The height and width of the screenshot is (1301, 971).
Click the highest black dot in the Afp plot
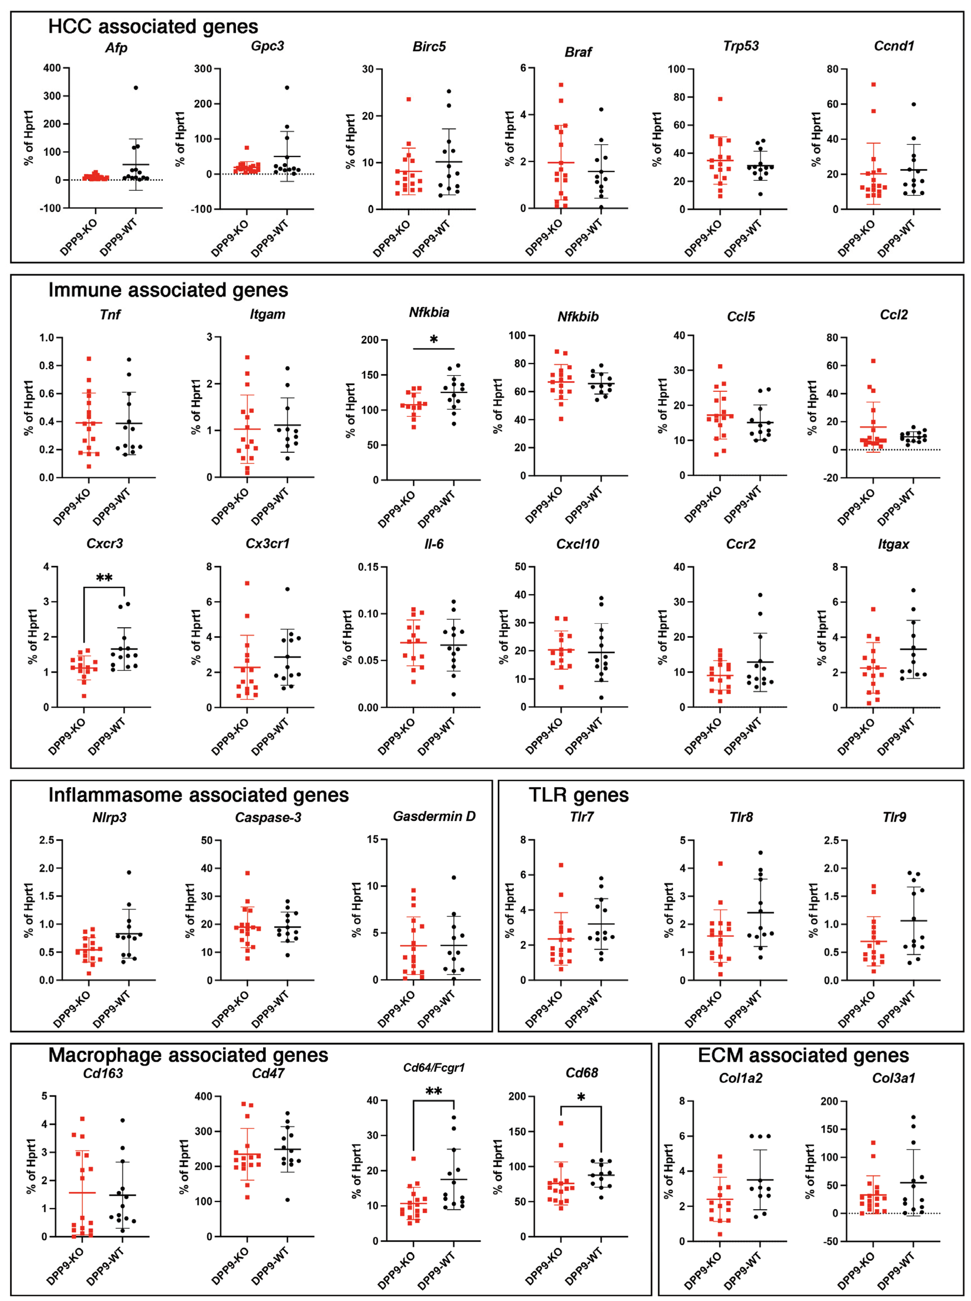136,88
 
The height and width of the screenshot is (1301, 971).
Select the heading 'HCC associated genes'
153,26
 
